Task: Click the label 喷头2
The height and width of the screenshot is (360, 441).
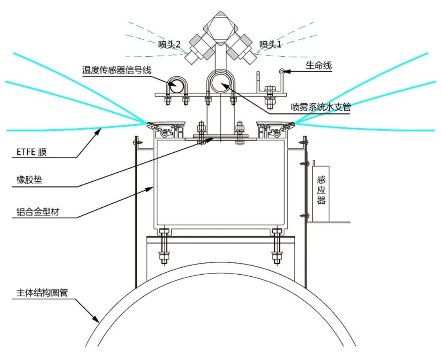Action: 169,45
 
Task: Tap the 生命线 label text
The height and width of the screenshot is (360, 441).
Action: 319,65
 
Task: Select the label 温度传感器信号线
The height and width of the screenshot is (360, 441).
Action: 116,70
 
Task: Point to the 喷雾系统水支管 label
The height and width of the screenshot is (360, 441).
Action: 321,107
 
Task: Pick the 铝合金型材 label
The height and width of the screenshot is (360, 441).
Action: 36,212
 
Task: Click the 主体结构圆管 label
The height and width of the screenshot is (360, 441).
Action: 42,293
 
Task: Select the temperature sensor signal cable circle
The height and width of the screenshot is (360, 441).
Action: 177,85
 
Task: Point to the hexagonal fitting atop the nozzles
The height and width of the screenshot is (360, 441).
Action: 220,25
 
